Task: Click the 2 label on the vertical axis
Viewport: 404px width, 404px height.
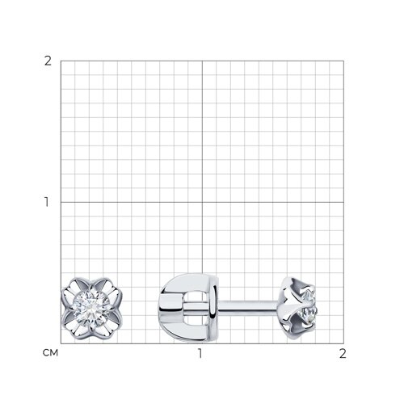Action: [x=48, y=61]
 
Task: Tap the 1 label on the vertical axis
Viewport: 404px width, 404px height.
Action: [x=47, y=202]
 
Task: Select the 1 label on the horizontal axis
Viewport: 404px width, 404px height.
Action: [x=200, y=353]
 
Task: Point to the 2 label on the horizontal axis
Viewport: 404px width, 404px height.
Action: [x=343, y=353]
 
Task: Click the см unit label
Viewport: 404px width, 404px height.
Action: [x=50, y=353]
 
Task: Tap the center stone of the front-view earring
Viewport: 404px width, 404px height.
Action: [x=91, y=308]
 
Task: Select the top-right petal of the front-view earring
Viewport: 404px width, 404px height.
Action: [x=107, y=288]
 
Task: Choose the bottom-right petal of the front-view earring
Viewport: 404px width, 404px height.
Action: [x=107, y=326]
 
